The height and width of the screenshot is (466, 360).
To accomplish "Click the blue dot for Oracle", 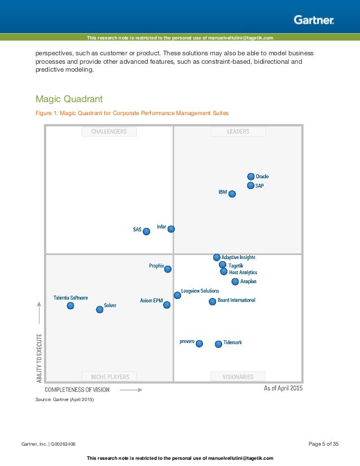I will coord(251,177).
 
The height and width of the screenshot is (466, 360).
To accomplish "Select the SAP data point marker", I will coord(251,186).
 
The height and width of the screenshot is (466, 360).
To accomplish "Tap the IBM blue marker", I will coord(232,194).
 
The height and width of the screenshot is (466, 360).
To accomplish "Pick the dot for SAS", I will coord(147,231).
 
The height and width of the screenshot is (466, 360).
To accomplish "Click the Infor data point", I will coord(171,228).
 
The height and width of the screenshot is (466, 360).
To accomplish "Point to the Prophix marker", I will coord(168,269).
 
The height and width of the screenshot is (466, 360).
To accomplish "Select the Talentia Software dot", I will coord(71,305).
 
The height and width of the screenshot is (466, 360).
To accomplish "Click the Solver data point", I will coord(100,309).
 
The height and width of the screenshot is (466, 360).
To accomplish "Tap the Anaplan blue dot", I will coord(235,282).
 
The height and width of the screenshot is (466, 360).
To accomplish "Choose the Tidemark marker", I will coord(218,344).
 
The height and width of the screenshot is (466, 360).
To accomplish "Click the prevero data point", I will coord(199,343).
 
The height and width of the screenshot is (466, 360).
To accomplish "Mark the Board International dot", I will coord(213,301).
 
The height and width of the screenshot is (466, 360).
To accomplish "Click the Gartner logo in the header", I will coord(314,20).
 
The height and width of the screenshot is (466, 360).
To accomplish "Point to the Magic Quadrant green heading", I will coord(69,99).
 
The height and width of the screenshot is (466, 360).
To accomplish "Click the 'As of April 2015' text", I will coord(283,388).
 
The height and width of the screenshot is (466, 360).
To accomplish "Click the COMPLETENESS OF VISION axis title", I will coord(77,389).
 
